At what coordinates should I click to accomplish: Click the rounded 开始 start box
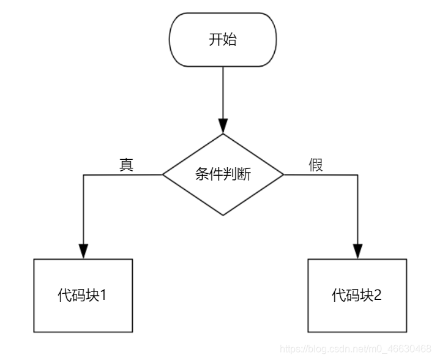223,40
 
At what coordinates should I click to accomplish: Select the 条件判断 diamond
223,174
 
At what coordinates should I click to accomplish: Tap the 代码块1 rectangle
83,296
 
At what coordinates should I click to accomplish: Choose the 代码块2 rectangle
357,296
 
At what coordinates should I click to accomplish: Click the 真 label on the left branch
126,165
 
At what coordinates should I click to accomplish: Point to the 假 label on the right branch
316,165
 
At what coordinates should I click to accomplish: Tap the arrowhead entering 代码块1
83,251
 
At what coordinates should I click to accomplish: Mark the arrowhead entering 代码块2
357,251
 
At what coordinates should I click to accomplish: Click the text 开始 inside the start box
223,40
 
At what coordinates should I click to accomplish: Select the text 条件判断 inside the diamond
223,174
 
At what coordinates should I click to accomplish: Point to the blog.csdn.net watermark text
355,348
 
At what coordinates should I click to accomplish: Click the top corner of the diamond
223,134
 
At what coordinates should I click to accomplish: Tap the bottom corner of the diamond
223,216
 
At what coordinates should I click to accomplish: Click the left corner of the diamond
162,174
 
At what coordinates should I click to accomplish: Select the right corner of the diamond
284,174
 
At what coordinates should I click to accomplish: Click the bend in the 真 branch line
83,174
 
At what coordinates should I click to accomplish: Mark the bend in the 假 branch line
357,174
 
